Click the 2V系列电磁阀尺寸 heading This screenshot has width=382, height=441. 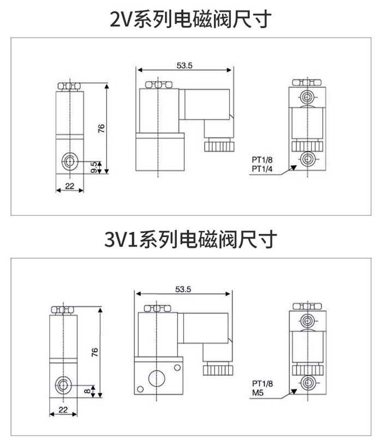coord(190,20)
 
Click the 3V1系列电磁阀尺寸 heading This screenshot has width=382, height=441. coord(190,239)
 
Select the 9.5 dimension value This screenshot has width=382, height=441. coord(93,165)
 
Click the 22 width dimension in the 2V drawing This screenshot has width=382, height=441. coord(69,185)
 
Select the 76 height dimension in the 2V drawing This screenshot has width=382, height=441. coord(100,129)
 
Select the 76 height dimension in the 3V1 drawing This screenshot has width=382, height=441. coord(94,352)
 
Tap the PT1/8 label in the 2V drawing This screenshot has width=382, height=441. coord(262,160)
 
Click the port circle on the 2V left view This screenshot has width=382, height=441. coord(69,160)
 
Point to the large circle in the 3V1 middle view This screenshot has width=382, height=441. coord(157,377)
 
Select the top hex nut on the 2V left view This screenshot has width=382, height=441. coord(69,86)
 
